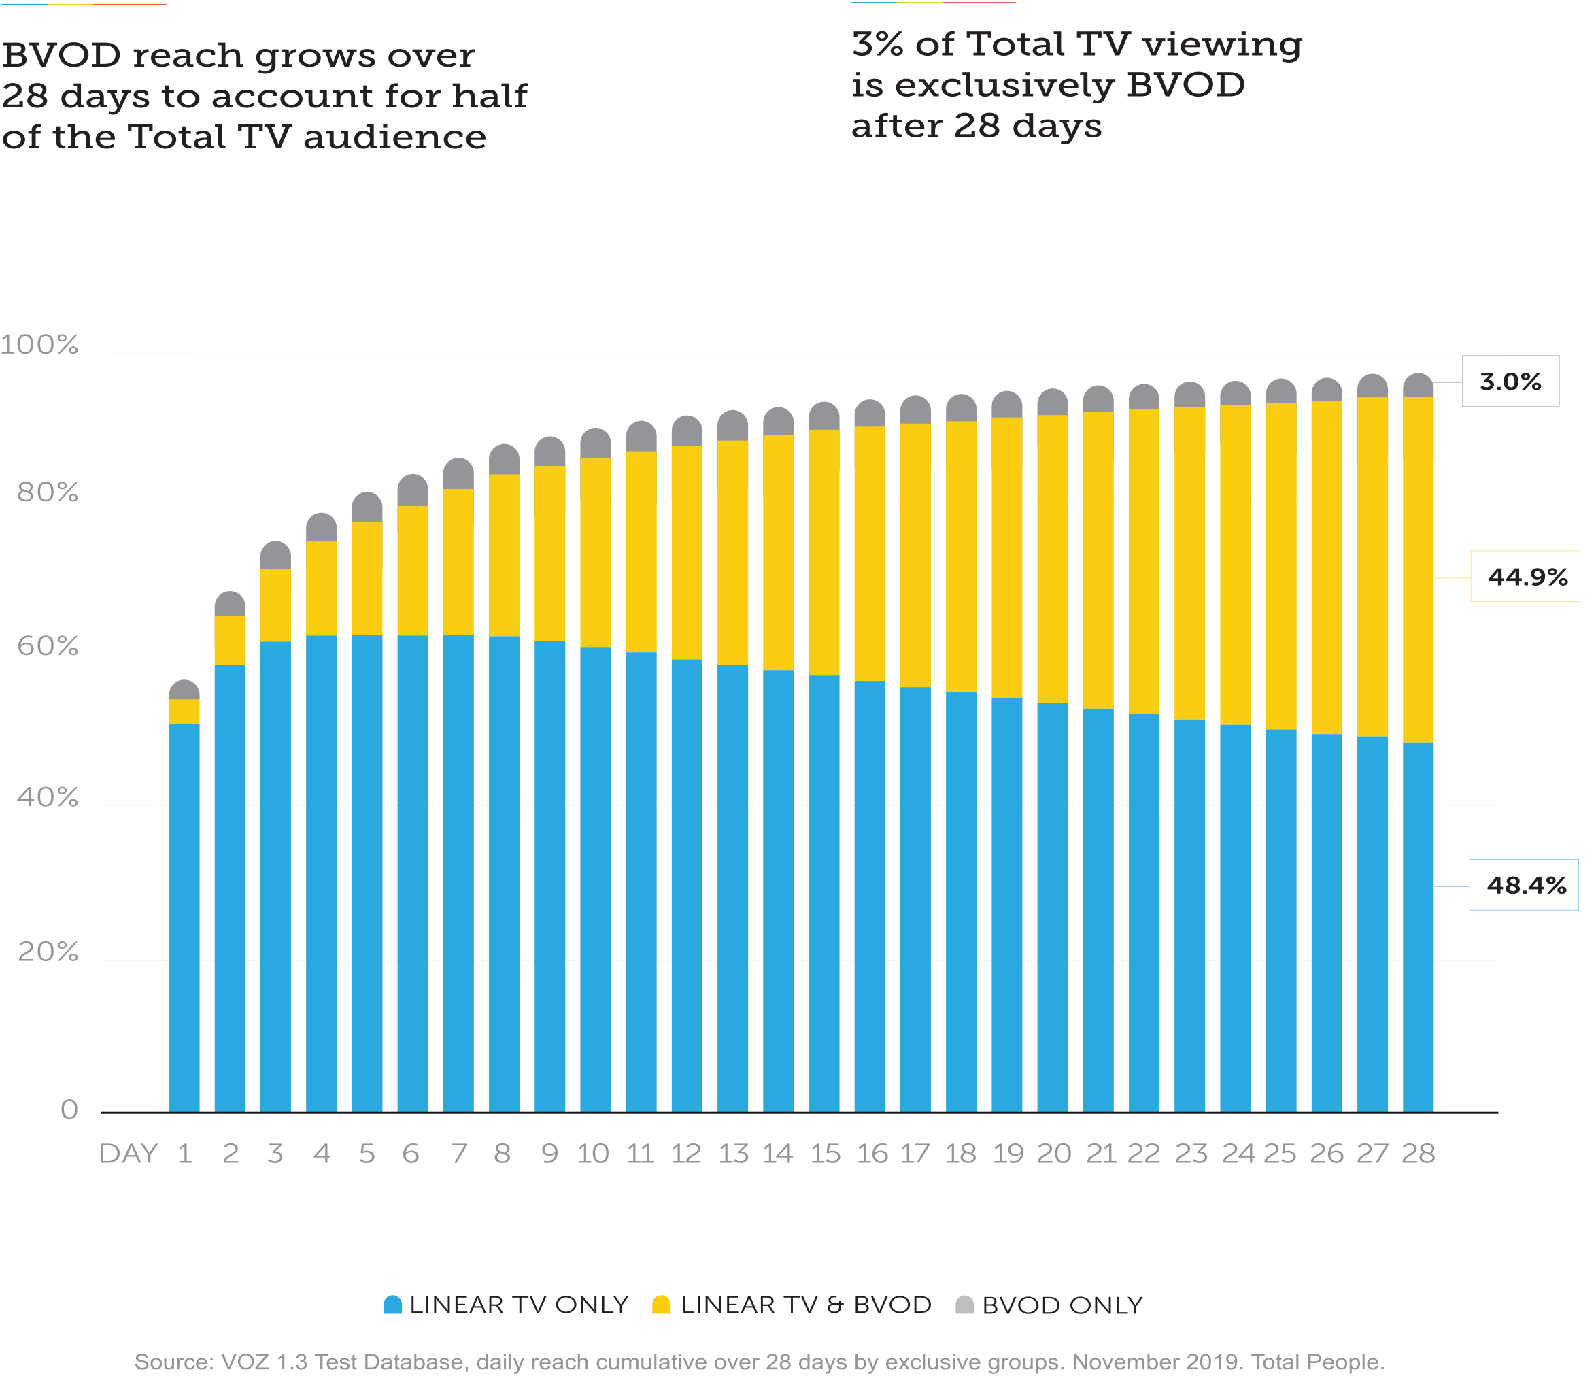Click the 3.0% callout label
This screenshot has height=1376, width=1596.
coord(1510,382)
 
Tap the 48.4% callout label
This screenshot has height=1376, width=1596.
coord(1526,885)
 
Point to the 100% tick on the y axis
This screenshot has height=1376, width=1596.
coord(39,344)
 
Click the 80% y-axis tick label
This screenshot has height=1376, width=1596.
coord(48,492)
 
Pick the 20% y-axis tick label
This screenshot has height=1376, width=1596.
coord(48,952)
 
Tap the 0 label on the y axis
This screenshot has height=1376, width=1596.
coord(69,1109)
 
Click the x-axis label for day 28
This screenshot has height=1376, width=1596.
coord(1418,1154)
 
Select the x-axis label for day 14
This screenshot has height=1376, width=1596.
coord(778,1154)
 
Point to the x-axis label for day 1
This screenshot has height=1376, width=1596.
coord(185,1154)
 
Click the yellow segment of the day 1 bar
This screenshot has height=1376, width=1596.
coord(184,711)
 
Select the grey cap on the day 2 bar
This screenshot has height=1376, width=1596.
coord(230,604)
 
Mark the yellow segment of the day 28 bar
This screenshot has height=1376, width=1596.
coord(1418,570)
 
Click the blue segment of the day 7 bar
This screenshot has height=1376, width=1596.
coord(458,871)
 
